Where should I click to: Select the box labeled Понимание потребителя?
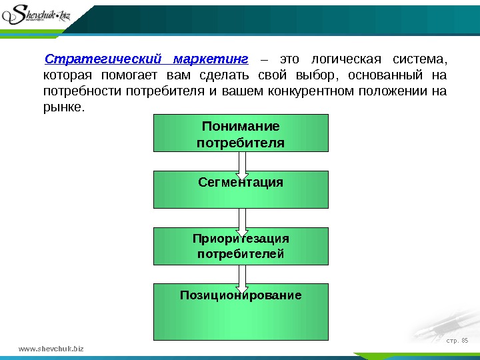pyautogui.click(x=241, y=133)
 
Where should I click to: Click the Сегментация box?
pyautogui.click(x=241, y=189)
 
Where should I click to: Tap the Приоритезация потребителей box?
pyautogui.click(x=241, y=246)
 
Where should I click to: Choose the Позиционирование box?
pyautogui.click(x=241, y=311)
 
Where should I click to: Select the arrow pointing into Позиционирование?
pyautogui.click(x=241, y=275)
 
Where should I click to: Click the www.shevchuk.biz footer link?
pyautogui.click(x=51, y=349)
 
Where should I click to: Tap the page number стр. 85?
pyautogui.click(x=457, y=343)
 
